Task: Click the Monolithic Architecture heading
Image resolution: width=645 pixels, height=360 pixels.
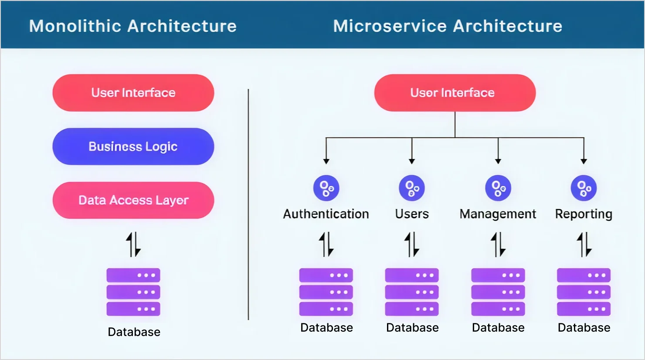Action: [133, 26]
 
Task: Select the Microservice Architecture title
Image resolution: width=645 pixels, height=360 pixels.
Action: [448, 26]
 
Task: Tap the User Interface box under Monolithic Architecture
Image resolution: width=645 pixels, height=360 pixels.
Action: [133, 93]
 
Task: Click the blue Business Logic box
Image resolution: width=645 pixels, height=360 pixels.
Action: [133, 146]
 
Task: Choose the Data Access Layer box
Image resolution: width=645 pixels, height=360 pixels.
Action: [133, 200]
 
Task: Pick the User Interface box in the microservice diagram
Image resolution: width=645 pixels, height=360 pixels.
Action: [455, 93]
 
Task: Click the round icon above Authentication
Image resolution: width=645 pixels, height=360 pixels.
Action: [326, 188]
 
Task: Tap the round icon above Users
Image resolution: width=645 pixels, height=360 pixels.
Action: [412, 188]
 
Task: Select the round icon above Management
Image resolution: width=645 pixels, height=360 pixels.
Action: [498, 188]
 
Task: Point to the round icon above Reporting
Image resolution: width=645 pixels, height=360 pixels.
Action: [584, 188]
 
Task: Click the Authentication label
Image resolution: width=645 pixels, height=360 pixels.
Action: [326, 214]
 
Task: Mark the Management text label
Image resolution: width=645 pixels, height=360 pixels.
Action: [498, 214]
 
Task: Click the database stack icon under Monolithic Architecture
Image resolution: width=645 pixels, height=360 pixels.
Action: [133, 292]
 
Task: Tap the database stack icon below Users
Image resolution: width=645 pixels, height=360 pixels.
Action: [412, 292]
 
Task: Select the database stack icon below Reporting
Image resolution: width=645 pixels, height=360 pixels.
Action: [584, 292]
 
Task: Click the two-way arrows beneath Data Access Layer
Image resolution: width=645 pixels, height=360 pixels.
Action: [133, 244]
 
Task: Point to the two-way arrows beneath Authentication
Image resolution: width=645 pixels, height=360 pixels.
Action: [326, 244]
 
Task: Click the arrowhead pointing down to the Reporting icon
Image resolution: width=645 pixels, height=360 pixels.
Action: [584, 161]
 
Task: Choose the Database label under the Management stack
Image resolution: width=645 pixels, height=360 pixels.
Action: [498, 328]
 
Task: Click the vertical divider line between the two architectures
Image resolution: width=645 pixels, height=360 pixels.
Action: [248, 205]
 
